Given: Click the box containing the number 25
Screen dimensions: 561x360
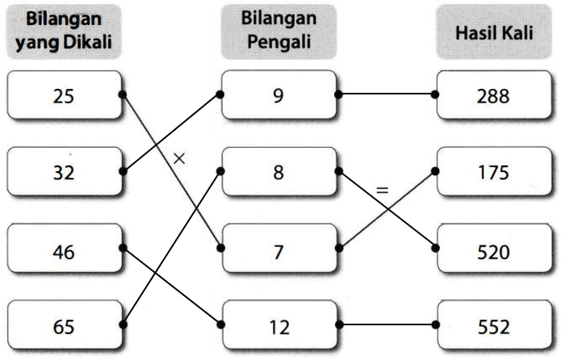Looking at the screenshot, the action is (65, 94).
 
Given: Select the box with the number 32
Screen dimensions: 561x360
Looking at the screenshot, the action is (65, 171).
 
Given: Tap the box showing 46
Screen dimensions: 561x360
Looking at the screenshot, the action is (65, 248).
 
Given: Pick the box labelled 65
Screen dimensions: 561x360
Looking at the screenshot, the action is (65, 324).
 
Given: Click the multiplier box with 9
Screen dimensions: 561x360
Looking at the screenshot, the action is (279, 94).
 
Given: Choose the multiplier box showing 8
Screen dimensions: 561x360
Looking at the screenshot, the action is (279, 171).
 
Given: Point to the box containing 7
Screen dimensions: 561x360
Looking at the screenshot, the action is (279, 248).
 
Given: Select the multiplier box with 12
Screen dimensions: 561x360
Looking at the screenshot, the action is (279, 324).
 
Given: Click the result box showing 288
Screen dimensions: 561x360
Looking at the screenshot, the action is (494, 94).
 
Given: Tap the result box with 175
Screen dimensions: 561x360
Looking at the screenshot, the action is (494, 171).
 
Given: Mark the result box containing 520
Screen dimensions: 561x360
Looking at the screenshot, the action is (494, 248).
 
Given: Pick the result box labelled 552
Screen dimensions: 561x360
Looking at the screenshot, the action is (494, 324).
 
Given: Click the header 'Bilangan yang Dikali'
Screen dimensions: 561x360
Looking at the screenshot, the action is (64, 31).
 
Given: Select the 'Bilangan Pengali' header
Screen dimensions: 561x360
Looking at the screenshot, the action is (278, 31).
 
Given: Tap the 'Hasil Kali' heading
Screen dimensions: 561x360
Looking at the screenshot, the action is (494, 31).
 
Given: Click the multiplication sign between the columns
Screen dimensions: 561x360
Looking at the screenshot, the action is (179, 158).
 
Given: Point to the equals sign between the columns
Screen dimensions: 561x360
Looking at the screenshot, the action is (382, 190).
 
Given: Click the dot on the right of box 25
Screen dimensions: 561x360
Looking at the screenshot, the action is (123, 94).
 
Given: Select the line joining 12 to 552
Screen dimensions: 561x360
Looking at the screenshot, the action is (387, 324).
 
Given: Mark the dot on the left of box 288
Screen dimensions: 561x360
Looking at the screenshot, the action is (435, 94).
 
